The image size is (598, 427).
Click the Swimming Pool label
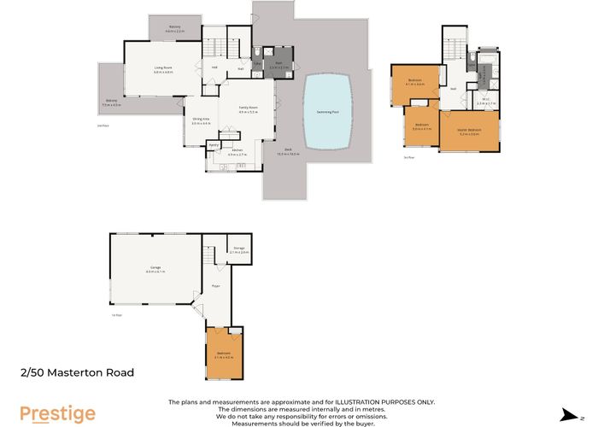click(x=327, y=111)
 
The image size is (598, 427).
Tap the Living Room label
click(x=163, y=68)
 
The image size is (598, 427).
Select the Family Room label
click(x=248, y=108)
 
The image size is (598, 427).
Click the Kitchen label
click(x=236, y=150)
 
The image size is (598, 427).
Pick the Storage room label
click(x=239, y=249)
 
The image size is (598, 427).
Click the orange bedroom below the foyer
click(x=224, y=354)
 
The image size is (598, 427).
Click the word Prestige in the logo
click(x=57, y=414)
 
